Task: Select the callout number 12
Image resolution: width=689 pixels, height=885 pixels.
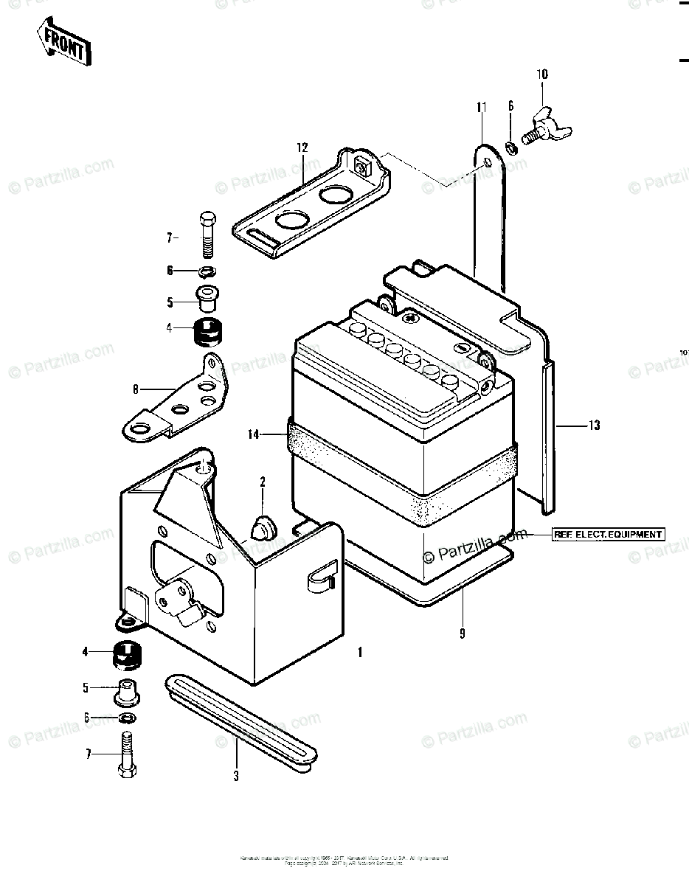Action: coord(302,147)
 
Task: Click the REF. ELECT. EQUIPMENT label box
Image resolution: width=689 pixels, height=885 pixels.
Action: coord(609,534)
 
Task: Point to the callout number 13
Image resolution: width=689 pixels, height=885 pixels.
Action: coord(595,426)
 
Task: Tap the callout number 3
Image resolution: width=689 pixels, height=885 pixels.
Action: coord(236,776)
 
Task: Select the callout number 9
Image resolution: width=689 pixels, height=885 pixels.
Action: coord(463,632)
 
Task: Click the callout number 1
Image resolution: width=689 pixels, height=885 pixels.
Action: coord(359,652)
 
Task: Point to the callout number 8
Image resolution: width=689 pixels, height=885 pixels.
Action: coord(136,388)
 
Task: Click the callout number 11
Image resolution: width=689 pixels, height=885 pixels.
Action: coord(481,108)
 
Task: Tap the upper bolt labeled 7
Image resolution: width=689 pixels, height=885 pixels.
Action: coord(207,232)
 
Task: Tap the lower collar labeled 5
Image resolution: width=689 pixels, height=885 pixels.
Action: coord(128,690)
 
